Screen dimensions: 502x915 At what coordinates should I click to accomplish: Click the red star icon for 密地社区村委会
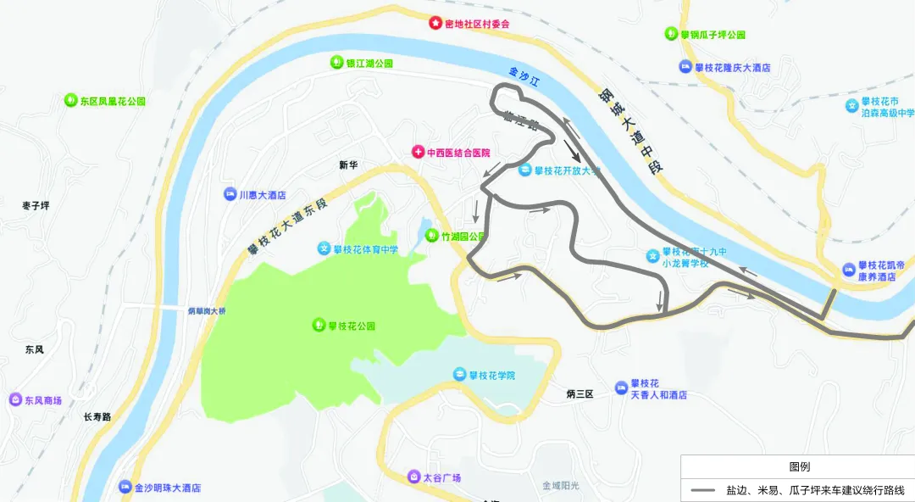tap(435, 23)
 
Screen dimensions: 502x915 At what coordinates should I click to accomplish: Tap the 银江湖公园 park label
tap(369, 64)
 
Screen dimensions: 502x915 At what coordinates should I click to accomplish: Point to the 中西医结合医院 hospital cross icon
tap(418, 153)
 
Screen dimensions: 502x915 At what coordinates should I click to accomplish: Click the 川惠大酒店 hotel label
tap(262, 194)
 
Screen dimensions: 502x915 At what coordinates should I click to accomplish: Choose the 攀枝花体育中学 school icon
tap(324, 248)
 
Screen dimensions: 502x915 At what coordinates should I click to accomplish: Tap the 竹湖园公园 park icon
tap(431, 237)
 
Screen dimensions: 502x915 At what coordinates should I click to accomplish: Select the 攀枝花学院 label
tap(491, 375)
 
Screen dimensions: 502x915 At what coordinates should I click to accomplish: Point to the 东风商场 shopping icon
tap(14, 399)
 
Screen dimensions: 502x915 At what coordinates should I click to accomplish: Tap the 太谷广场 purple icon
tap(413, 477)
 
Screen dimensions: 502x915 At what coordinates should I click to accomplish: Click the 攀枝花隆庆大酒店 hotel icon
tap(685, 67)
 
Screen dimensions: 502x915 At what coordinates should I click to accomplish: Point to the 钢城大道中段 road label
tap(630, 131)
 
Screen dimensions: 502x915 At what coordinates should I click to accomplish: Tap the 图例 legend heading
tap(799, 467)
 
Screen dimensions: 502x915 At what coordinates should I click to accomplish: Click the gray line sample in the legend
tap(702, 490)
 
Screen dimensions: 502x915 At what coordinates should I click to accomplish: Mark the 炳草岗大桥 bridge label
tap(207, 311)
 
